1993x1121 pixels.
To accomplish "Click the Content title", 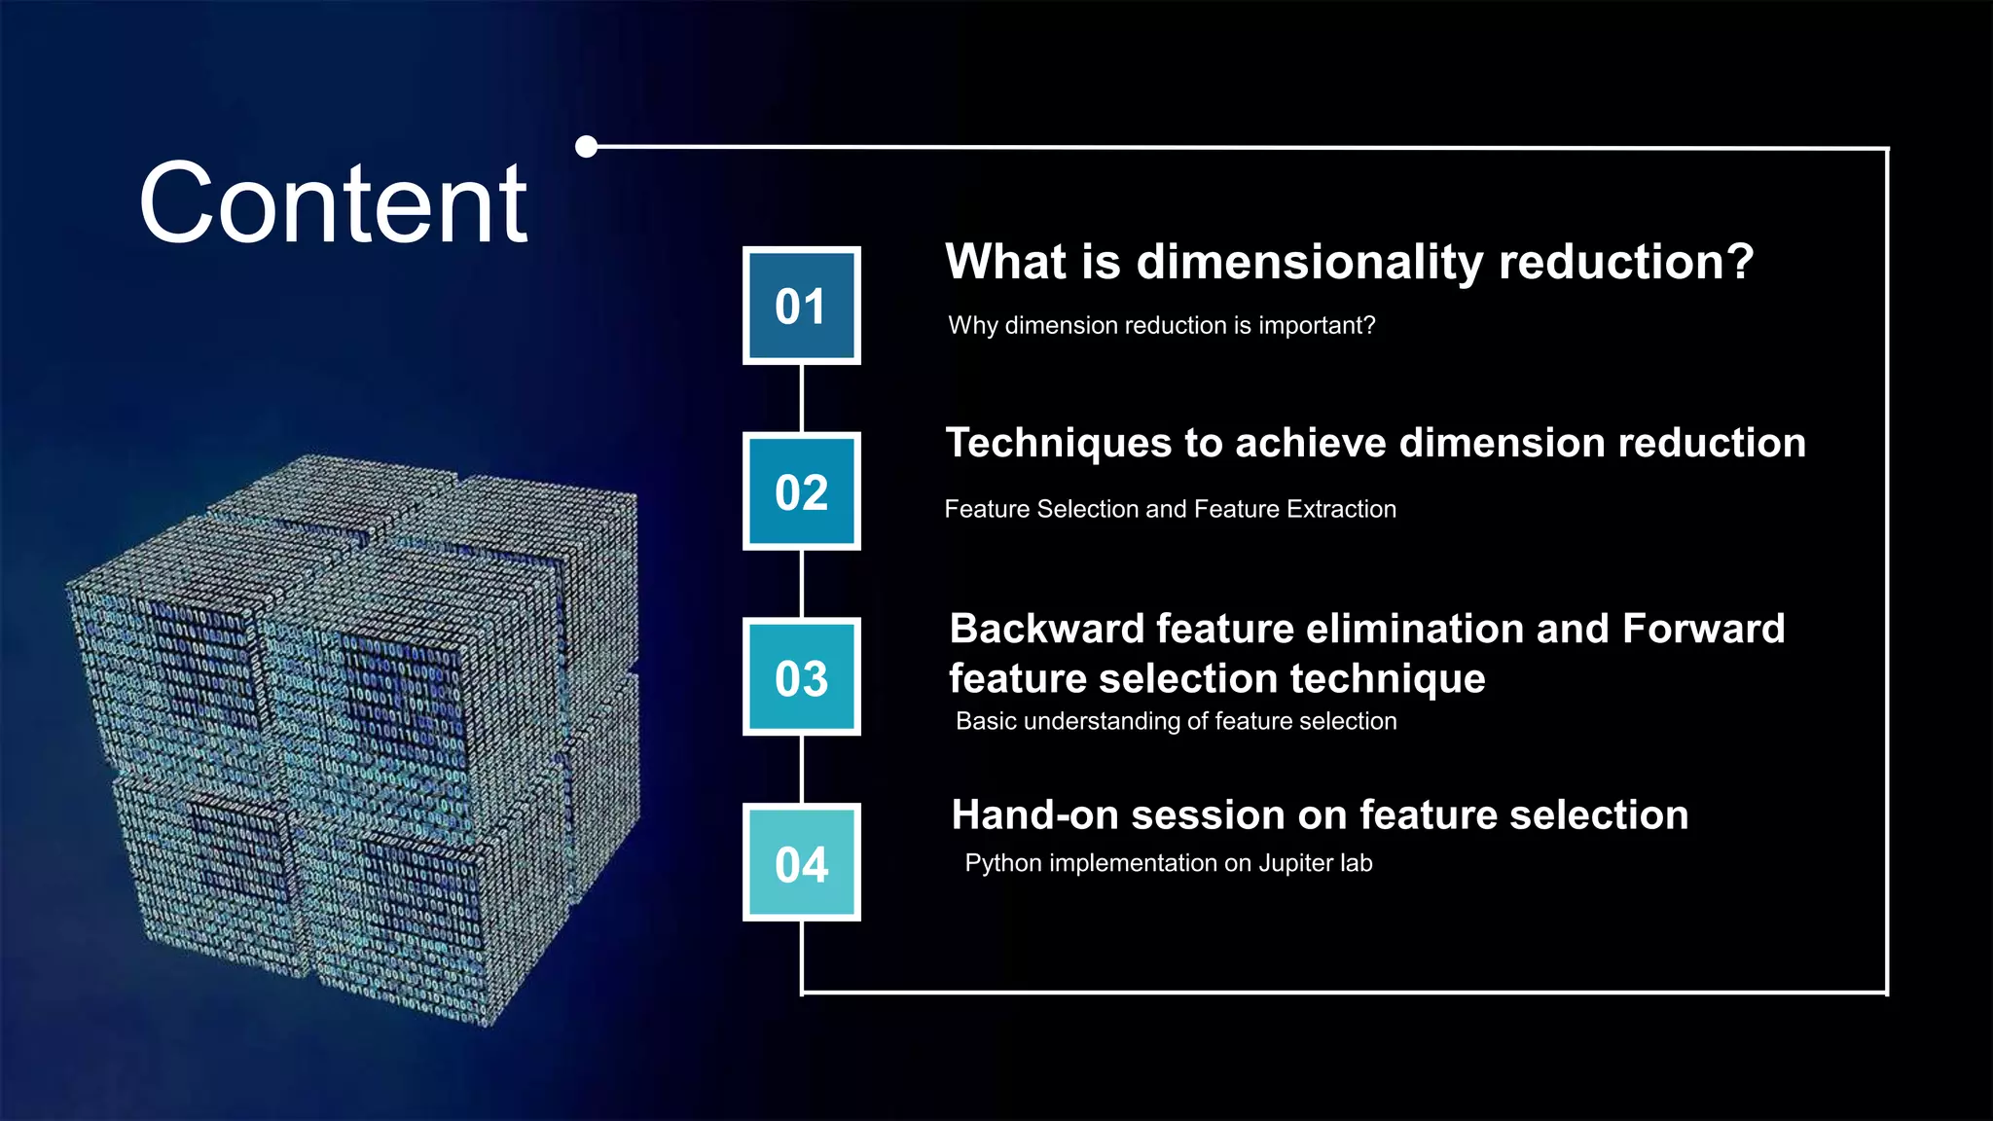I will (x=334, y=204).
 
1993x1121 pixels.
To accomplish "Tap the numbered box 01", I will (x=801, y=306).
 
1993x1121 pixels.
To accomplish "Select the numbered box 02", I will (x=801, y=491).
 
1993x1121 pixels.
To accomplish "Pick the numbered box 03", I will (x=801, y=677).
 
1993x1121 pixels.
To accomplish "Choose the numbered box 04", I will (x=801, y=863).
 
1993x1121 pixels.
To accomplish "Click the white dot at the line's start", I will (x=587, y=147).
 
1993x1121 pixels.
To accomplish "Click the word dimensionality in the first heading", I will (x=1310, y=263).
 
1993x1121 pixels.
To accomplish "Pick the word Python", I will (x=1001, y=863).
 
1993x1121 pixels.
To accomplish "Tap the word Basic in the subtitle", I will (x=986, y=721).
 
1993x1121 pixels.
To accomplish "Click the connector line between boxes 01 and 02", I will (x=801, y=398).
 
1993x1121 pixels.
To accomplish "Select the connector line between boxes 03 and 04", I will (x=801, y=769).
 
